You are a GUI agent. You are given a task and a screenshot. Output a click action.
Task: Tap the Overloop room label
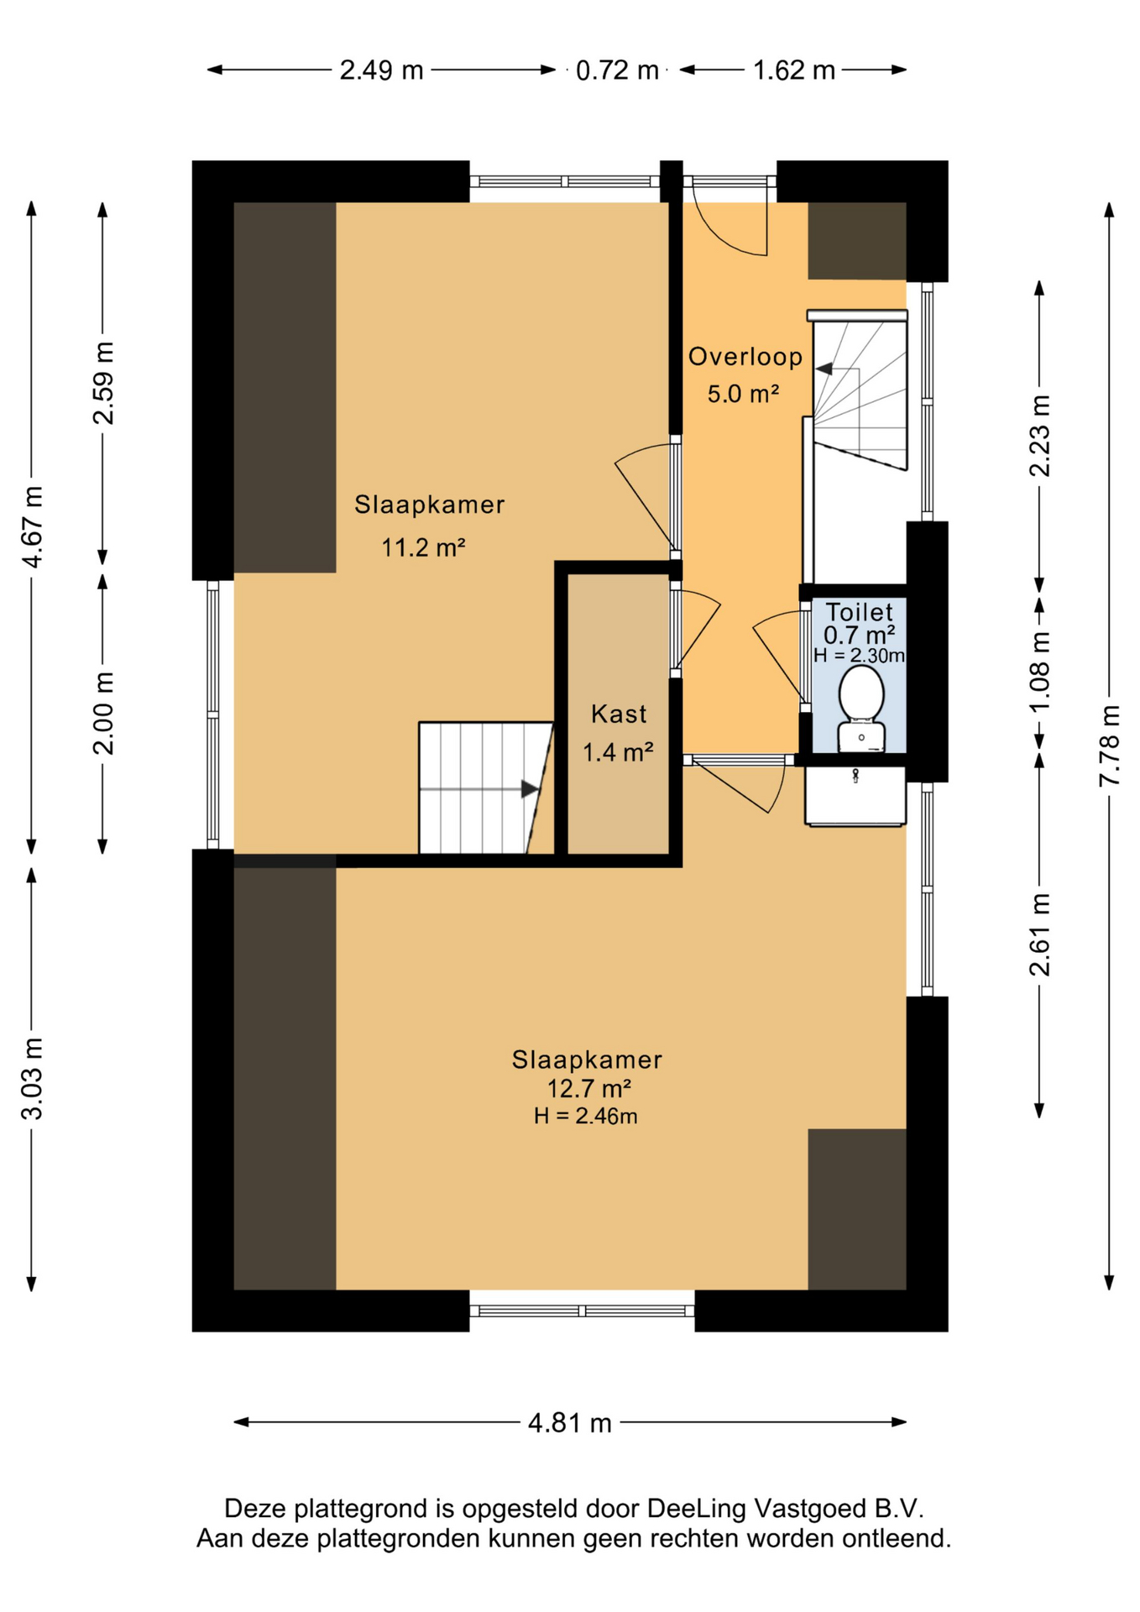(x=745, y=358)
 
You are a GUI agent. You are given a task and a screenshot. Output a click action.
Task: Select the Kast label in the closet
(x=619, y=714)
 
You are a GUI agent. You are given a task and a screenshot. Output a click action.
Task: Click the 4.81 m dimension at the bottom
(x=570, y=1423)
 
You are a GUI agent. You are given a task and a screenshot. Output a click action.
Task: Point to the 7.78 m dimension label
(x=1110, y=746)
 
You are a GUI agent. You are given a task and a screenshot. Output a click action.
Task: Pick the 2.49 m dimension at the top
(x=381, y=70)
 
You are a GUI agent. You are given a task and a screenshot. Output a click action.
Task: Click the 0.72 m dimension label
(x=617, y=70)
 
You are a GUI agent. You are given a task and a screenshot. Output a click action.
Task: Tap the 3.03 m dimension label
(x=32, y=1079)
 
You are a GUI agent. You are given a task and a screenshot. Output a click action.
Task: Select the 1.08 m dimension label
(x=1040, y=671)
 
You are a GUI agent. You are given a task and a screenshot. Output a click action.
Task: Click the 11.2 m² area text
(x=424, y=548)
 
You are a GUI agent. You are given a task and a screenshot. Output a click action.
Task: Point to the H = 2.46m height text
(x=586, y=1116)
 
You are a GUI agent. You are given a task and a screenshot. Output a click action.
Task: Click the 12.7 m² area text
(x=589, y=1089)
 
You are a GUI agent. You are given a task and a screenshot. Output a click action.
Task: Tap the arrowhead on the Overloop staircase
(x=824, y=369)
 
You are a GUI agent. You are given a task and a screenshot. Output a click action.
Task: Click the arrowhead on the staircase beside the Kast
(x=530, y=789)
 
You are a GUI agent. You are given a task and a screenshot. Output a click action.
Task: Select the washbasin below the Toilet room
(x=855, y=796)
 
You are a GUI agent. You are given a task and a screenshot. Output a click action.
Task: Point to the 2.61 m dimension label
(x=1040, y=935)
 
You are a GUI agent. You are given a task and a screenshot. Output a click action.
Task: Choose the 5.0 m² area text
(x=744, y=394)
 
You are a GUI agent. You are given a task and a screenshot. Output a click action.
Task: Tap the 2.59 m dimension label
(x=103, y=383)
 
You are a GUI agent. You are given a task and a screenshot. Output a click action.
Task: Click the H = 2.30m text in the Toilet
(x=860, y=656)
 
